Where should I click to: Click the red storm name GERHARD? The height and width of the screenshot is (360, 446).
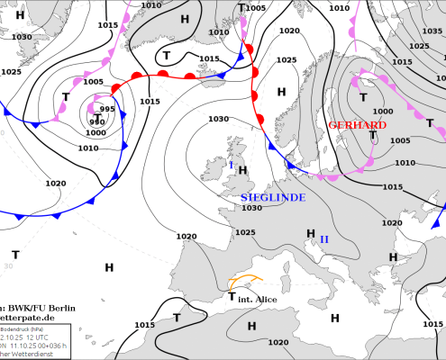pos(358,125)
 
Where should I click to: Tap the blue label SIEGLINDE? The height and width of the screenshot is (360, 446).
pos(273,197)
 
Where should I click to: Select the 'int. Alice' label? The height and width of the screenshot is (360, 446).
pos(258,298)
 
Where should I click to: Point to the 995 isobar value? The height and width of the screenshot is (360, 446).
pos(107,109)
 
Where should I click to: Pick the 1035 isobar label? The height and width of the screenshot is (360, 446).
pos(420,45)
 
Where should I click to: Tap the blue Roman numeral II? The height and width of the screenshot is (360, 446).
pos(325,238)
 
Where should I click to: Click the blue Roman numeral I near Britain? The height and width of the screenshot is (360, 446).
pos(232,165)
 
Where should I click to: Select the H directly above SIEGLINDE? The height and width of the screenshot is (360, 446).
pos(242,169)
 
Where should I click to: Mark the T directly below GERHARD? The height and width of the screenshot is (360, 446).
pos(372,135)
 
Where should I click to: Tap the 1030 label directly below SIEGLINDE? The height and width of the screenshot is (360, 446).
pos(251,208)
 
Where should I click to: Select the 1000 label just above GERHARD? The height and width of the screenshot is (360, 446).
pos(383,111)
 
